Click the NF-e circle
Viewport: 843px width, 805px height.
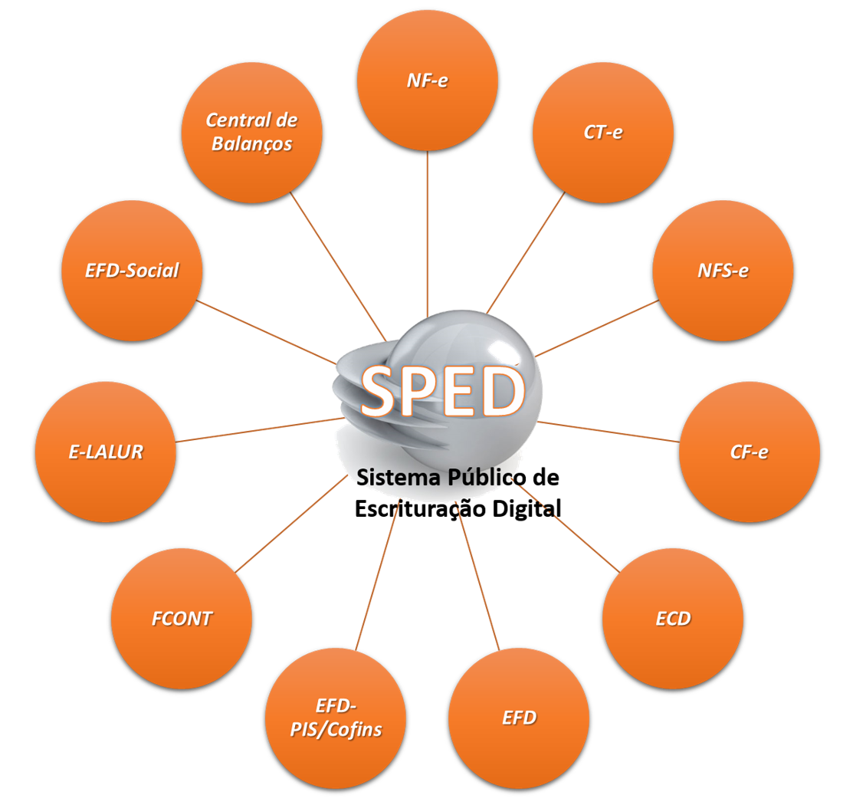tap(428, 80)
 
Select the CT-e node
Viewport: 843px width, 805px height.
tap(603, 132)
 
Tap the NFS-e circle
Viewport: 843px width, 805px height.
tap(723, 270)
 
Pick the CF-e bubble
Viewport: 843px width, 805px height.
tap(749, 452)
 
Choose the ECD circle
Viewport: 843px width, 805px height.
tap(673, 618)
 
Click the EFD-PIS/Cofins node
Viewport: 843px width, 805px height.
tap(336, 718)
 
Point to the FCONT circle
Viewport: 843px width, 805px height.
tap(182, 618)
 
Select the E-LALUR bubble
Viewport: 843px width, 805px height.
tap(106, 452)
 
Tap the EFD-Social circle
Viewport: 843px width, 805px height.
tap(132, 270)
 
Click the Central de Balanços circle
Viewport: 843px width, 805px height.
tap(251, 132)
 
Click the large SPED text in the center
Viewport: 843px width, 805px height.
tap(442, 391)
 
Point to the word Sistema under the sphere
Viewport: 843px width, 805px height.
tap(398, 478)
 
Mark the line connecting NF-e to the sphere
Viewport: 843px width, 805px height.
tap(428, 230)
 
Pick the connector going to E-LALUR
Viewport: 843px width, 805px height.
tap(261, 430)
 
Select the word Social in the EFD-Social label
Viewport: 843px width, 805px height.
tap(152, 270)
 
